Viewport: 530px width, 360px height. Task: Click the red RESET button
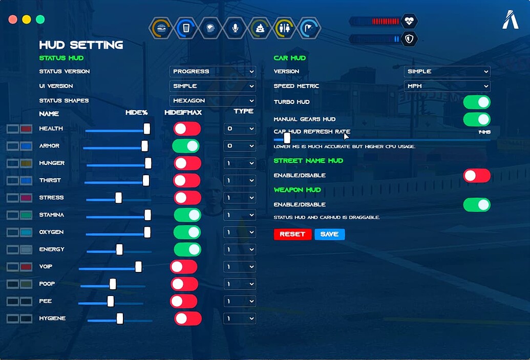tap(292, 234)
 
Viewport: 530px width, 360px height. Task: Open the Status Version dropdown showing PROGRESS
tap(213, 72)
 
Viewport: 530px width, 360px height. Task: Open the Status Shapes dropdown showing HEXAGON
tap(213, 101)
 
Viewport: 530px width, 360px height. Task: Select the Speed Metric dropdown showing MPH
tap(447, 86)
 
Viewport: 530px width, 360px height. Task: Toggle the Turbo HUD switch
tap(477, 102)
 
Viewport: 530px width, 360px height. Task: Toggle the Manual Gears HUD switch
tap(477, 119)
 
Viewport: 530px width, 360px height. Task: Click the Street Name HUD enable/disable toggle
tap(477, 176)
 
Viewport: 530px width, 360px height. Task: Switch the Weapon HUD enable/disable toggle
tap(477, 205)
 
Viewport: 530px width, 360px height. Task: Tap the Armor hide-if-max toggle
tap(185, 146)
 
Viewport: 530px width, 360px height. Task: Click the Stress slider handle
tap(119, 198)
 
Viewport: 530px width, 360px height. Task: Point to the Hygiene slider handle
tap(120, 319)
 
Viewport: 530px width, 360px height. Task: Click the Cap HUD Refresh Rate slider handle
tap(287, 138)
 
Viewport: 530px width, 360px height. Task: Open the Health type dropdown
tap(239, 129)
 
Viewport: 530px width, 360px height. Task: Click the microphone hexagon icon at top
tap(235, 28)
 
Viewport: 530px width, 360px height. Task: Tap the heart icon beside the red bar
tap(409, 21)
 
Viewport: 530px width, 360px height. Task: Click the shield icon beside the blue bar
tap(409, 39)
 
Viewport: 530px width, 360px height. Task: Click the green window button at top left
tap(40, 19)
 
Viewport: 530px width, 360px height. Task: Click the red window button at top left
tap(13, 19)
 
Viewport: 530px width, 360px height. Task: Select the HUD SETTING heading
tap(81, 45)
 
